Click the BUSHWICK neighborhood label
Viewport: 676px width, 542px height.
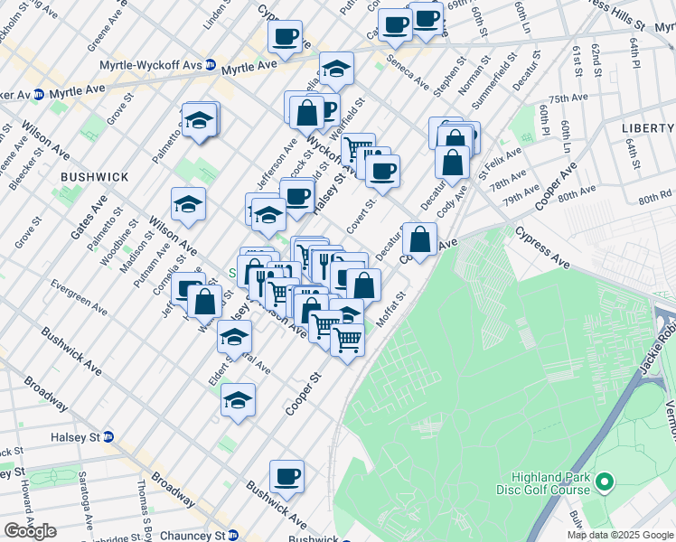(x=88, y=177)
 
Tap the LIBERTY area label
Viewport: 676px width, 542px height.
(x=649, y=128)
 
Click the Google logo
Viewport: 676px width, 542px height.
(x=30, y=531)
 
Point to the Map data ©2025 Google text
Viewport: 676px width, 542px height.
(x=619, y=535)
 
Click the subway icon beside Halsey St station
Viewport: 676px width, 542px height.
(x=108, y=435)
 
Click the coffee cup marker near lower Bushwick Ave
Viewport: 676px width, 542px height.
(x=286, y=475)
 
